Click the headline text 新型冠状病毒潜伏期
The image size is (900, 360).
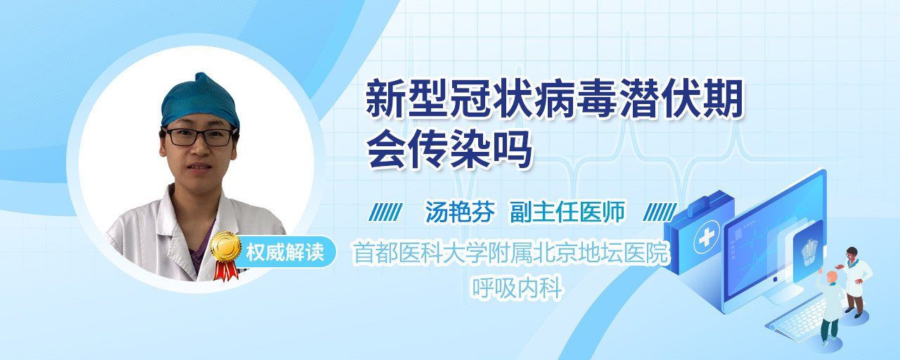(x=555, y=99)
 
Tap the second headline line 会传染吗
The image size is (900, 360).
(x=449, y=149)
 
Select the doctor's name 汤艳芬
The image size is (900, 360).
(x=460, y=212)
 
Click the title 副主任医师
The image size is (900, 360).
(x=567, y=212)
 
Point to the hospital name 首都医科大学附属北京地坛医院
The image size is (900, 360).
(x=511, y=252)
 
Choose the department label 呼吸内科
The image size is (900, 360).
(x=517, y=288)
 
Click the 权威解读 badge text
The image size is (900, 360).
(x=285, y=252)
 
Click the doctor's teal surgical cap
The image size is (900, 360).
(x=200, y=101)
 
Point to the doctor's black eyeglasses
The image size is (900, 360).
(x=200, y=136)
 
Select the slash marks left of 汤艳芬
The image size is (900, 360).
(x=385, y=212)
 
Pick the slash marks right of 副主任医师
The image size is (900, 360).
(x=660, y=212)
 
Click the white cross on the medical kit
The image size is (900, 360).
(x=707, y=238)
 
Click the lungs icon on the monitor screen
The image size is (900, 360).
(x=809, y=252)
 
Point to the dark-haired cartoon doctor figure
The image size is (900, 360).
(x=856, y=282)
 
